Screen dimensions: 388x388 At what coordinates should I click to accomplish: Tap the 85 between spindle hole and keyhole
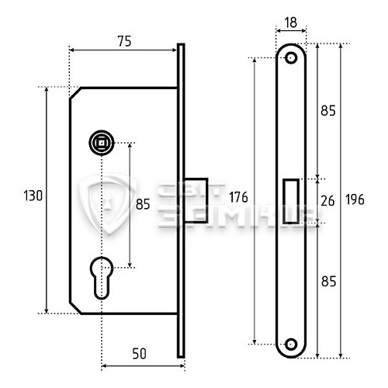pyautogui.click(x=143, y=206)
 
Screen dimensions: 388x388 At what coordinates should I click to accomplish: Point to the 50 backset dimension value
pyautogui.click(x=139, y=354)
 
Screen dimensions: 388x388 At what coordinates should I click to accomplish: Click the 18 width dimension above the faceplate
pyautogui.click(x=291, y=23)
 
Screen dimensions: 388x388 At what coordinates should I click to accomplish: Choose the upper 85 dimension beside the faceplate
pyautogui.click(x=327, y=111)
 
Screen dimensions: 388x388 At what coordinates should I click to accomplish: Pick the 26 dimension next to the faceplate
pyautogui.click(x=327, y=200)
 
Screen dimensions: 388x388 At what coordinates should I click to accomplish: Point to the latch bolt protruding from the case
pyautogui.click(x=196, y=201)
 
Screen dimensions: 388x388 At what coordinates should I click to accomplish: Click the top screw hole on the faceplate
pyautogui.click(x=291, y=58)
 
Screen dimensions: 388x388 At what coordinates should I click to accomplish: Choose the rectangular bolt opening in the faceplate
pyautogui.click(x=292, y=200)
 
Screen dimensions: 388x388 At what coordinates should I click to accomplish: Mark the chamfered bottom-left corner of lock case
pyautogui.click(x=75, y=307)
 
